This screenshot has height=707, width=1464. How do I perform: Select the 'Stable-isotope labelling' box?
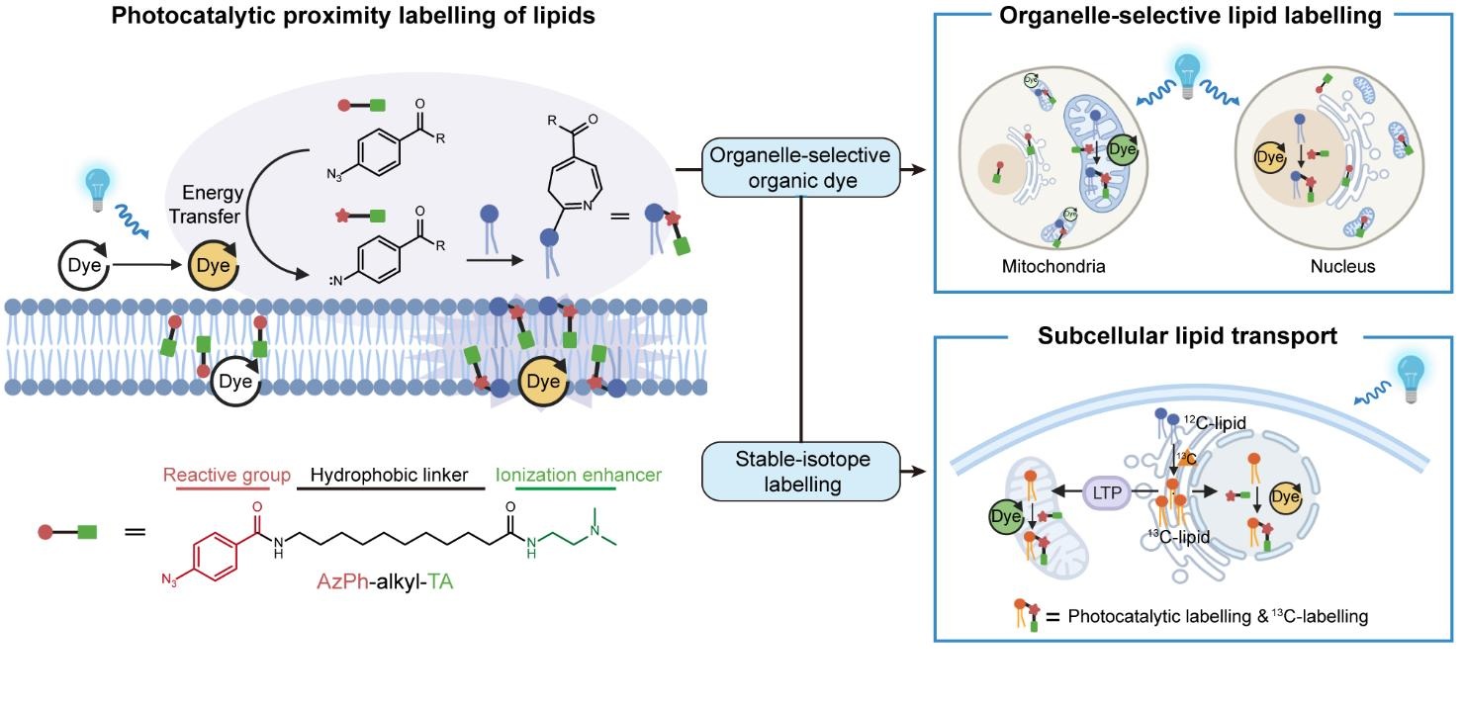click(800, 470)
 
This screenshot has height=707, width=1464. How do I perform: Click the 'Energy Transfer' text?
click(213, 206)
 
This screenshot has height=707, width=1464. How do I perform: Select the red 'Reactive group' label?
click(227, 475)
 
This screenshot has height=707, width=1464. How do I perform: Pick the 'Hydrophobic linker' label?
click(389, 475)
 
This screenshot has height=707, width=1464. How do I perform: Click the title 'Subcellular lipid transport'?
click(1187, 336)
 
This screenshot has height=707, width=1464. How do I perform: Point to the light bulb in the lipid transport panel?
click(1412, 376)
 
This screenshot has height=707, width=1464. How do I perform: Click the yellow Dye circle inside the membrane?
click(542, 380)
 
